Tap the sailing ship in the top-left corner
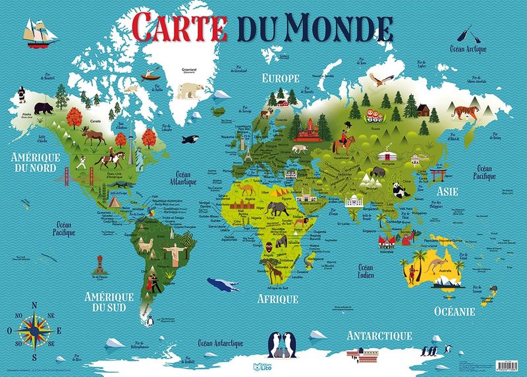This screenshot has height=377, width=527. (37, 34)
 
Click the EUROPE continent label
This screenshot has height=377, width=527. (281, 78)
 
